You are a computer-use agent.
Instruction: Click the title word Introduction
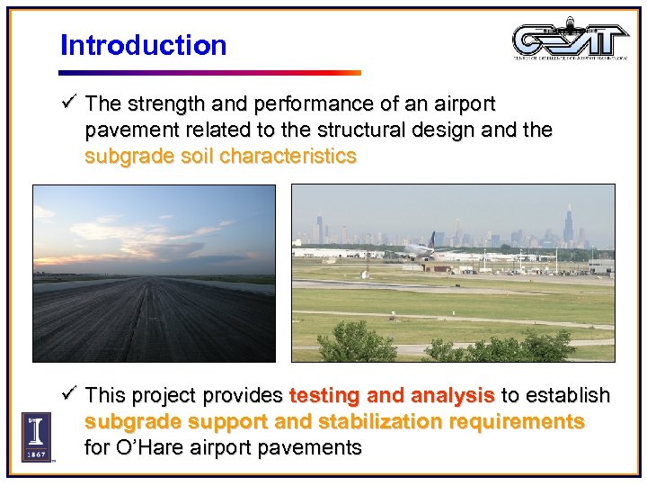coord(143,45)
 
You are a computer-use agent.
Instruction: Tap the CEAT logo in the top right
coord(570,40)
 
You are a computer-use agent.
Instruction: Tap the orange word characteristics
coord(288,156)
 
